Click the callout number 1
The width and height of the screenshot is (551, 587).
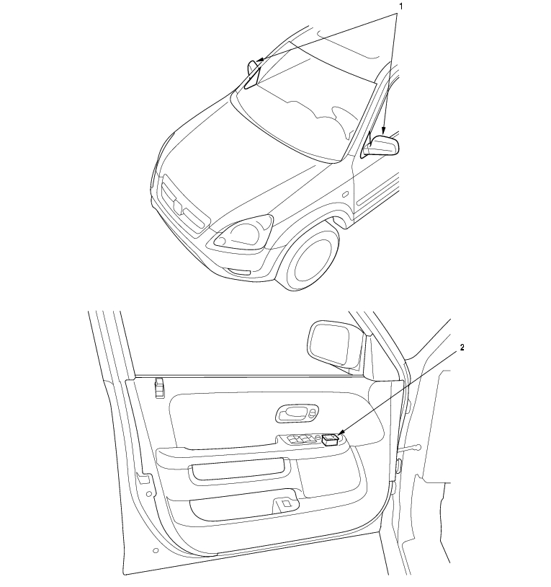tap(401, 6)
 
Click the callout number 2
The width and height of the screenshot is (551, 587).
tap(462, 348)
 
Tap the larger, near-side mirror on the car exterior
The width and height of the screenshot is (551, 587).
tap(381, 146)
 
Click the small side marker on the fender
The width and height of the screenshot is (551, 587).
tap(346, 194)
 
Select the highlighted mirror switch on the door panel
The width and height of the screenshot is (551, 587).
tap(330, 440)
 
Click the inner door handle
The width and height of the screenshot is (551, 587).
tap(297, 414)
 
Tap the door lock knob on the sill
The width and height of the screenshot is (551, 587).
tap(159, 387)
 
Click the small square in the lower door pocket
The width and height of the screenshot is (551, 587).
tap(286, 504)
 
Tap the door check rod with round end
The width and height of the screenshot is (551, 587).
tap(409, 449)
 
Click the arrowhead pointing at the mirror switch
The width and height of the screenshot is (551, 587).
tap(341, 434)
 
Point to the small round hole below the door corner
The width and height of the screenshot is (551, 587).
tap(156, 550)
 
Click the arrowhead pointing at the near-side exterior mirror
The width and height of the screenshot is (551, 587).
tap(383, 131)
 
